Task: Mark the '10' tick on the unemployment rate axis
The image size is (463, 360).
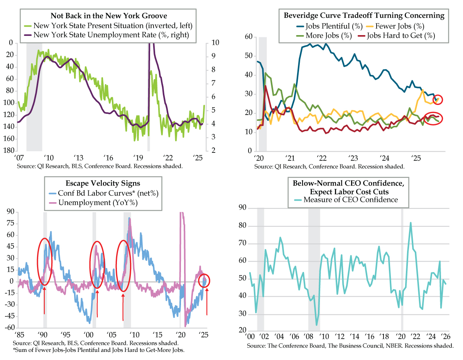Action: [x=211, y=43]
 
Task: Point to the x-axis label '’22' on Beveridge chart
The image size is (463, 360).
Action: [x=320, y=158]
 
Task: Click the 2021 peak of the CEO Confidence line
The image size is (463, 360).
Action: [x=411, y=223]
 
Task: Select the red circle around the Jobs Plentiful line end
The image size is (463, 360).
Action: [x=439, y=99]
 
